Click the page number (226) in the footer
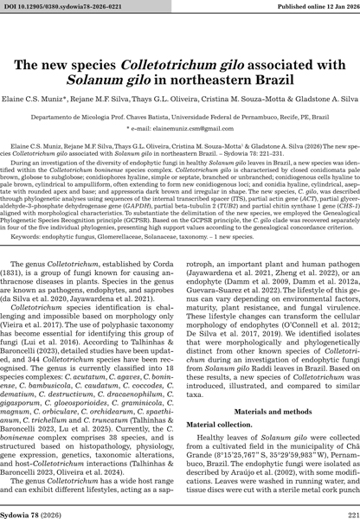coord(180,509)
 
